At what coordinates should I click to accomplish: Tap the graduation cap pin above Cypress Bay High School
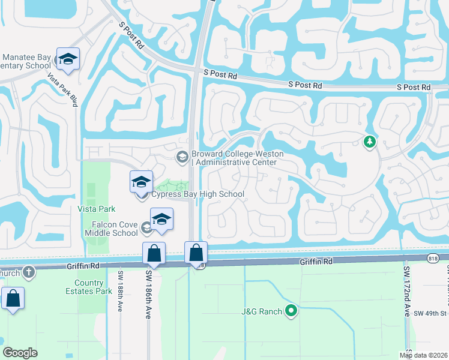141,181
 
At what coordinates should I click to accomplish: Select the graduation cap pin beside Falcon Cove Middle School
161,220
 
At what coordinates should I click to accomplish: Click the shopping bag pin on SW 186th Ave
154,254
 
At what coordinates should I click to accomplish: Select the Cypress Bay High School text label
197,194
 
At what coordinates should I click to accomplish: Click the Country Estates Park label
93,287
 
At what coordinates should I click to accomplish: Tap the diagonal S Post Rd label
132,37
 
